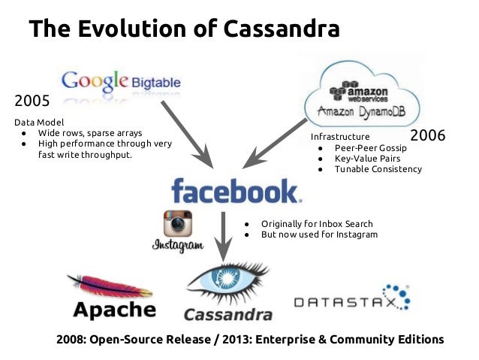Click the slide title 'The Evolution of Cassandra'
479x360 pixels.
184,29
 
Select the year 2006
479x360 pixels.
428,136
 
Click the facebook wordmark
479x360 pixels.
234,191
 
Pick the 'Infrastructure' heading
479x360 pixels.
340,138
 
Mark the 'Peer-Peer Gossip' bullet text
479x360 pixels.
371,148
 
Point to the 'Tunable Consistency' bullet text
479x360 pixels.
378,169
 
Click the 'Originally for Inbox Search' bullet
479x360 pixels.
317,224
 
